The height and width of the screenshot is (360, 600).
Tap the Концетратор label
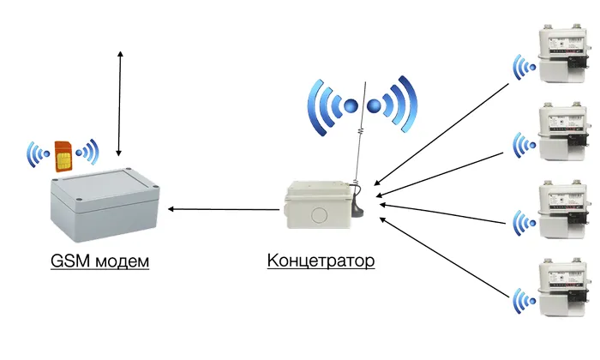tap(321, 261)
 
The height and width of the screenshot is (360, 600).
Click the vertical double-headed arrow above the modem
tap(120, 103)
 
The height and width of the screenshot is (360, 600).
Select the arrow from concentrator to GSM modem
tap(227, 208)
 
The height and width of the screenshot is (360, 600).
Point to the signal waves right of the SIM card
tap(87, 153)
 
